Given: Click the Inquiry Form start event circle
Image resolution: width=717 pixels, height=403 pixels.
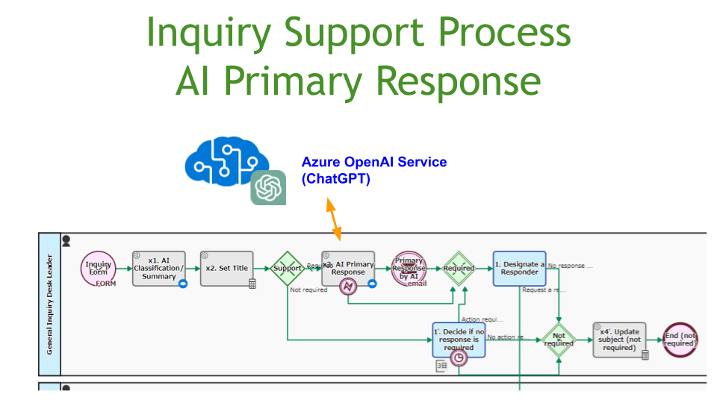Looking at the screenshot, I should tap(98, 269).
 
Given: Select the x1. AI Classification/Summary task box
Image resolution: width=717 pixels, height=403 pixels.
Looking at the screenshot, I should tap(158, 268).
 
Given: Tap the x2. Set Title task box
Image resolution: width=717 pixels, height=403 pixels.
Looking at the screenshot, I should tap(227, 268).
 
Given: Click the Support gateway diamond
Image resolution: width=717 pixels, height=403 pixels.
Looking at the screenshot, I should tap(287, 268).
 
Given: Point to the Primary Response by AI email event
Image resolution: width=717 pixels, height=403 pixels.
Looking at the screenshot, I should tap(409, 269).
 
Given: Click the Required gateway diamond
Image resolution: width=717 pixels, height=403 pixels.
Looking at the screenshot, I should tap(458, 268).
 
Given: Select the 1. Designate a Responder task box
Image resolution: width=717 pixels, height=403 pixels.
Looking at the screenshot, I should tap(519, 268).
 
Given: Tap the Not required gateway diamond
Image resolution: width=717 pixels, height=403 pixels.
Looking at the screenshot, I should tap(559, 340).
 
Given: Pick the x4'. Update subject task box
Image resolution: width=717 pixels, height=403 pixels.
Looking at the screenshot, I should tap(619, 340).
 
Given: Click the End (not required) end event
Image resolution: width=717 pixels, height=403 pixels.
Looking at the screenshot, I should tap(680, 340).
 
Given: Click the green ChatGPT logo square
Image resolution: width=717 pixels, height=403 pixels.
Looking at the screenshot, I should tap(268, 187).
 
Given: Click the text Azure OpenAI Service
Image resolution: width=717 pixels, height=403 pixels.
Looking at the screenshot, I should tap(374, 162).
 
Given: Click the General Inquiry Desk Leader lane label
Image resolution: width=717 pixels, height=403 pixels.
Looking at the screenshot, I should tap(49, 304).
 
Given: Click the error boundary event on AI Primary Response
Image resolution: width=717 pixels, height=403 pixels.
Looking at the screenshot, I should tap(348, 286).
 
